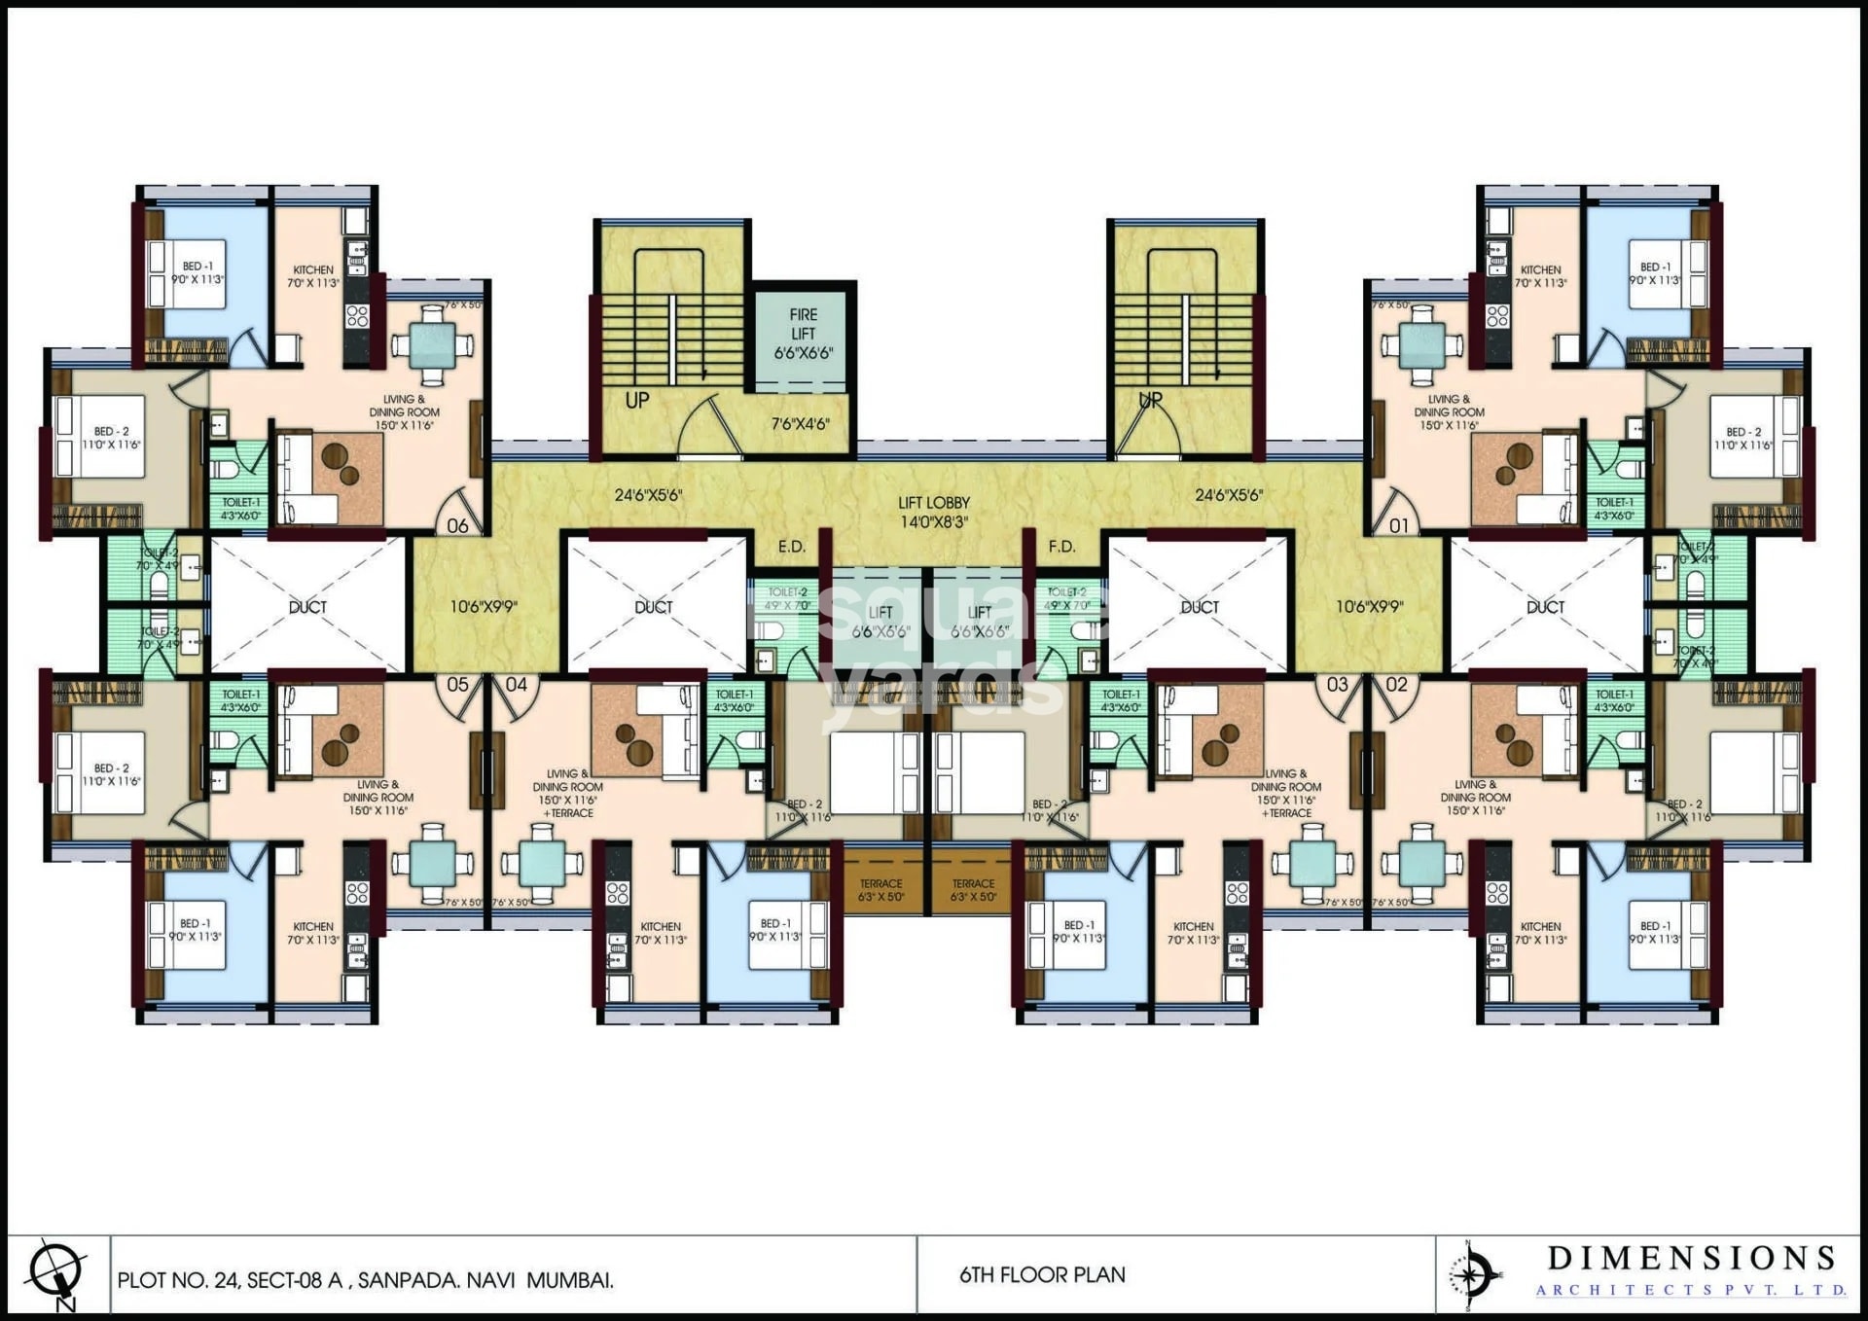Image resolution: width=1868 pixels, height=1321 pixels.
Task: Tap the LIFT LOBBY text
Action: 933,503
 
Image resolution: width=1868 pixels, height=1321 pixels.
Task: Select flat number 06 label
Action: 457,525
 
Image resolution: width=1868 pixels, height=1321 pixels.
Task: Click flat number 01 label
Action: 1398,525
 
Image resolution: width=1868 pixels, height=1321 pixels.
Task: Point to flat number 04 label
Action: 516,684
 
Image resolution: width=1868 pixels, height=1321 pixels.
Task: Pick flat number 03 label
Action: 1337,684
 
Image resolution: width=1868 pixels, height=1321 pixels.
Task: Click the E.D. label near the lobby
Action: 792,547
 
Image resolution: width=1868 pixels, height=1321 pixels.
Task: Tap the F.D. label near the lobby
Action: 1061,547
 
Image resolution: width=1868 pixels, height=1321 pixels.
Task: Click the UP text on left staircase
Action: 637,400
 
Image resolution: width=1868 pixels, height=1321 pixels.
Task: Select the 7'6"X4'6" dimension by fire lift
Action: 800,424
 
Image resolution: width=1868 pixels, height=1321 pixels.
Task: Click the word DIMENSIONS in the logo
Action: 1691,1258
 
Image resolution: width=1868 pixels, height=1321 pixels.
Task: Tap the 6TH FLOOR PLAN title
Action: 1042,1274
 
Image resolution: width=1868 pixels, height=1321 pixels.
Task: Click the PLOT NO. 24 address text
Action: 365,1280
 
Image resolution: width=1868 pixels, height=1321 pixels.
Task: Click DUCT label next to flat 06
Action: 307,607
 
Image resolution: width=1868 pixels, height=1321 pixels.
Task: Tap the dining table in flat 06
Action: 432,344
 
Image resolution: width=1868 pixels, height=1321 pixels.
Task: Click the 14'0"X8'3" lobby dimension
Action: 933,522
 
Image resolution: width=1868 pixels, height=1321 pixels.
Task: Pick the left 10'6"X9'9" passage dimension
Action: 484,607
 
